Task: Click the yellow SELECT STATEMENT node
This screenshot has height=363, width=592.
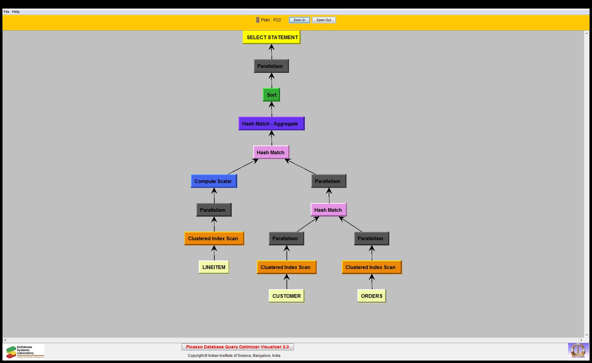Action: [x=272, y=37]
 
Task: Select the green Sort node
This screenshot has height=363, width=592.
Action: [x=272, y=95]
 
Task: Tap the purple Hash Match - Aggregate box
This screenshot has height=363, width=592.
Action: [x=272, y=124]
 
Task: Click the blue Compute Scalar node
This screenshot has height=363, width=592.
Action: [x=214, y=181]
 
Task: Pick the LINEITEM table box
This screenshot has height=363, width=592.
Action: [x=214, y=267]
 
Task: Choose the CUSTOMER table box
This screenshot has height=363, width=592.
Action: [x=287, y=296]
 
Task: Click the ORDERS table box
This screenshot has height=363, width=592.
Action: [x=372, y=296]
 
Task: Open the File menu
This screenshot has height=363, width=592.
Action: [x=6, y=12]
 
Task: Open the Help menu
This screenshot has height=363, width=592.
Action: [x=16, y=12]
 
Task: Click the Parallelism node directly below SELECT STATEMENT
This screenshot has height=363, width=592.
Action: [x=271, y=66]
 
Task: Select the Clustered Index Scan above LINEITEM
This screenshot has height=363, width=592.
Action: [x=214, y=238]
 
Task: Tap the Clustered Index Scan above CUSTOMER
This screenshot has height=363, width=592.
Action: [x=287, y=267]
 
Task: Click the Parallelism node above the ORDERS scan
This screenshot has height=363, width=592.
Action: [x=372, y=238]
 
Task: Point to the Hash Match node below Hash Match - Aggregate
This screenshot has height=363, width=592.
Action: [x=271, y=152]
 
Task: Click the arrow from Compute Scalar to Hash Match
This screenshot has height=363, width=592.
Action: [x=242, y=167]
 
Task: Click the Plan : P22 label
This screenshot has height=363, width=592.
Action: [x=271, y=20]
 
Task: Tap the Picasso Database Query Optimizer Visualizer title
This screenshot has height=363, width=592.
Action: [x=238, y=347]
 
